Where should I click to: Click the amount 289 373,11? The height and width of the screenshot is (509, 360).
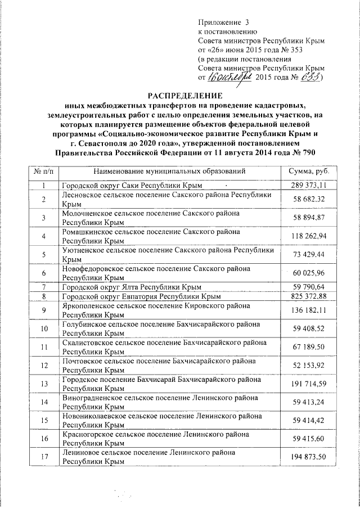308,185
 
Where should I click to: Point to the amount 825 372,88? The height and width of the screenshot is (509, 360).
308,296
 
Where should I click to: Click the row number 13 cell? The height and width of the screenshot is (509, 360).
43,384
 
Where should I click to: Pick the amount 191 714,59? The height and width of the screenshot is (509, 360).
308,384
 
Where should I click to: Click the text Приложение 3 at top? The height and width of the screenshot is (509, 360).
223,22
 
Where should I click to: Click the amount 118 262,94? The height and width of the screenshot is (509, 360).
308,235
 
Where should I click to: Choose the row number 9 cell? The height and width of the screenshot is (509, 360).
43,310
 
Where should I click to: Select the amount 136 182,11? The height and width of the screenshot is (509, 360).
308,310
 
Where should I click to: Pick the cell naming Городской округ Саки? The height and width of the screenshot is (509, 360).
132,185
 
